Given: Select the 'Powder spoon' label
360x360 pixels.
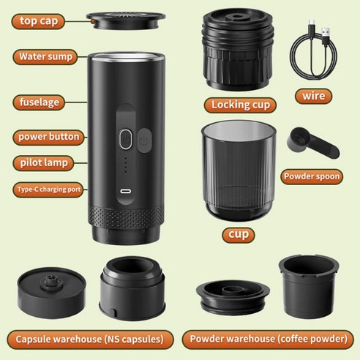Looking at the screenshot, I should [x=320, y=176].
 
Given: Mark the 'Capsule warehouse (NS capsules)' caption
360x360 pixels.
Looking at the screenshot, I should [x=91, y=338].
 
